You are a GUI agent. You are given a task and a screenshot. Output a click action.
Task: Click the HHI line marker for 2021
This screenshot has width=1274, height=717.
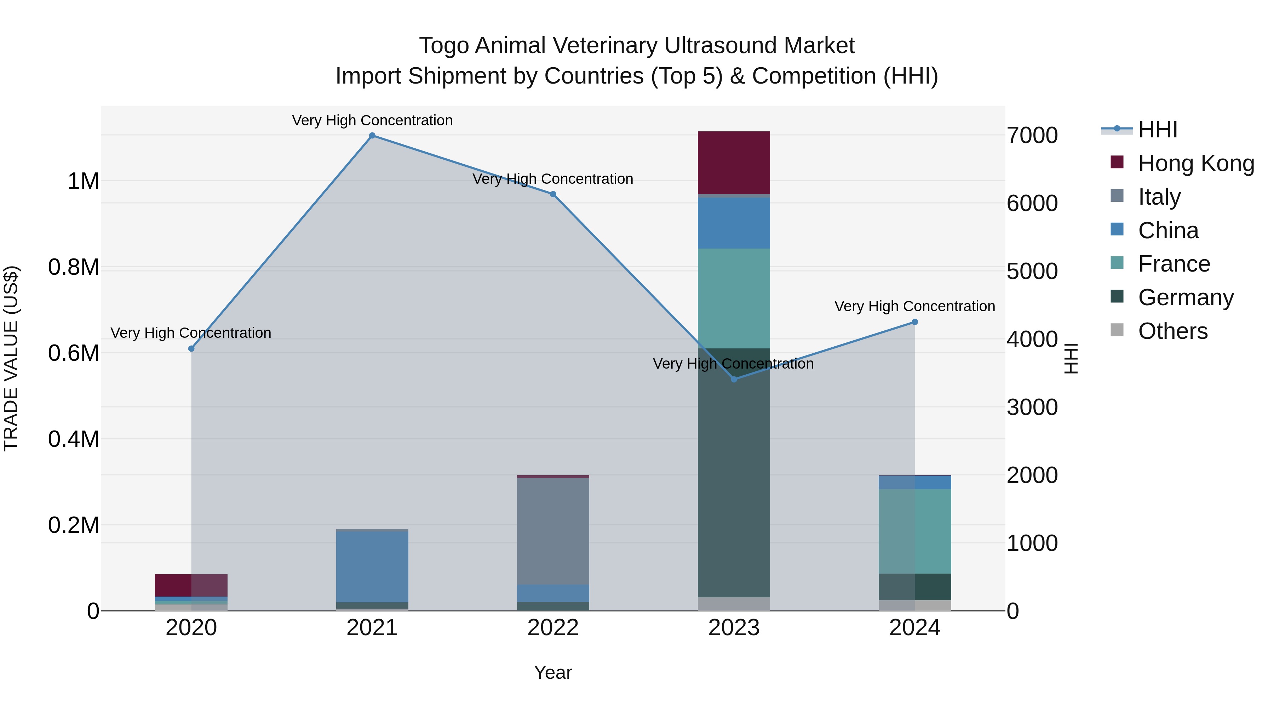[x=372, y=136]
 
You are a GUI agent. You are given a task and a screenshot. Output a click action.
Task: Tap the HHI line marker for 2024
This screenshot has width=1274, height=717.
[x=914, y=322]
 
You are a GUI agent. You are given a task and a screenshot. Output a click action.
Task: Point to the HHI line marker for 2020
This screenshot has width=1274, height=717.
[x=191, y=349]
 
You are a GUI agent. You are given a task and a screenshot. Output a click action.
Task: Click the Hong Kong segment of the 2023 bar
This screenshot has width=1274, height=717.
[x=734, y=162]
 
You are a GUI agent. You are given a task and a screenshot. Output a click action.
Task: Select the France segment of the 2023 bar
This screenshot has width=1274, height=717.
[x=734, y=298]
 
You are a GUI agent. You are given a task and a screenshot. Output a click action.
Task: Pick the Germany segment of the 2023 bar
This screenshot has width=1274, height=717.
[x=734, y=473]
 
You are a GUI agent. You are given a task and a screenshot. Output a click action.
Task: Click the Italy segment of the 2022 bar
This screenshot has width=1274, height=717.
[x=553, y=531]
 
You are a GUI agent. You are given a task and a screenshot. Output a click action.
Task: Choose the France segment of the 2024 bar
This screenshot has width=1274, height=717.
[x=914, y=531]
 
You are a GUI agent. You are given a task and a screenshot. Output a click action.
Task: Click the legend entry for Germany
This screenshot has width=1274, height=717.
[x=1186, y=297]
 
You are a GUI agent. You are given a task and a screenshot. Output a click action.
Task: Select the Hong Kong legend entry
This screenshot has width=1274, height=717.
[x=1195, y=163]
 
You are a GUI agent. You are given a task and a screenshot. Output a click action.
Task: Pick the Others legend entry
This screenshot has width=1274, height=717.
[x=1173, y=331]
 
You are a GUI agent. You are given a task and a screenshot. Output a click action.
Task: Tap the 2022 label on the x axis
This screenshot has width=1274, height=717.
[x=553, y=628]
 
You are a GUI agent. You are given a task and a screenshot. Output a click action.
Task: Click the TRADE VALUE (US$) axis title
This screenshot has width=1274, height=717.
[x=11, y=358]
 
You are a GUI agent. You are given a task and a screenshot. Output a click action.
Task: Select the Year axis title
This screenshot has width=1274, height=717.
[x=553, y=672]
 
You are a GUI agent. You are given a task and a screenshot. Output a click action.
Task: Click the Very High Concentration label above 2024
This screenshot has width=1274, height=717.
[x=914, y=306]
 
